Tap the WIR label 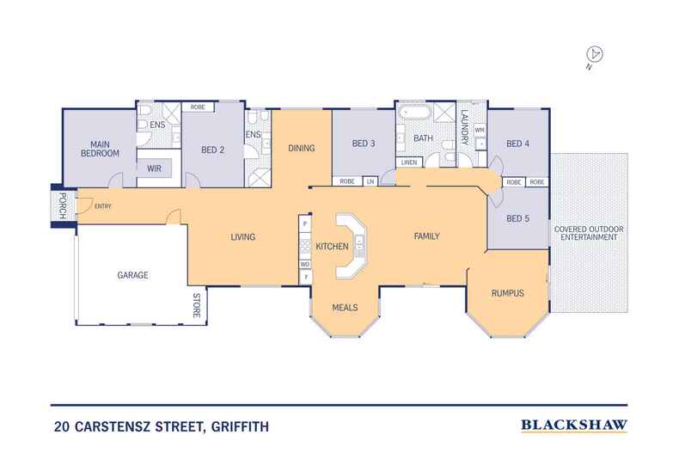click(156, 168)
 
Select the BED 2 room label click(212, 149)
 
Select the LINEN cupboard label click(408, 162)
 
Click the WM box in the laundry click(480, 129)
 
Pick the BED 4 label click(518, 144)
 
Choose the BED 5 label click(518, 218)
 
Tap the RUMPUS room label click(508, 293)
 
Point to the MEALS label click(344, 307)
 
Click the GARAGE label click(133, 276)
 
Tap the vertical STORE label click(196, 306)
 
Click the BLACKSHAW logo click(574, 425)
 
